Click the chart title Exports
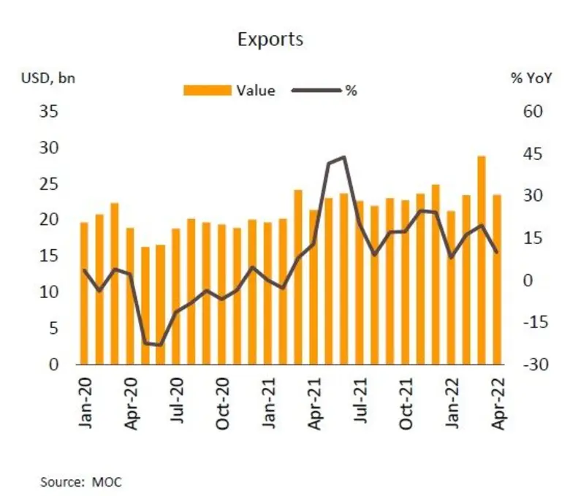point(270,39)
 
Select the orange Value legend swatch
point(208,91)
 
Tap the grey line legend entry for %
point(316,91)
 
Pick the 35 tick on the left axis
point(47,112)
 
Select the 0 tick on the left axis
point(53,365)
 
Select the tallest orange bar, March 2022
point(482,259)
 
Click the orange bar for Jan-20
point(84,293)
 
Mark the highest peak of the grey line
point(343,157)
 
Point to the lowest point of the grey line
point(160,345)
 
